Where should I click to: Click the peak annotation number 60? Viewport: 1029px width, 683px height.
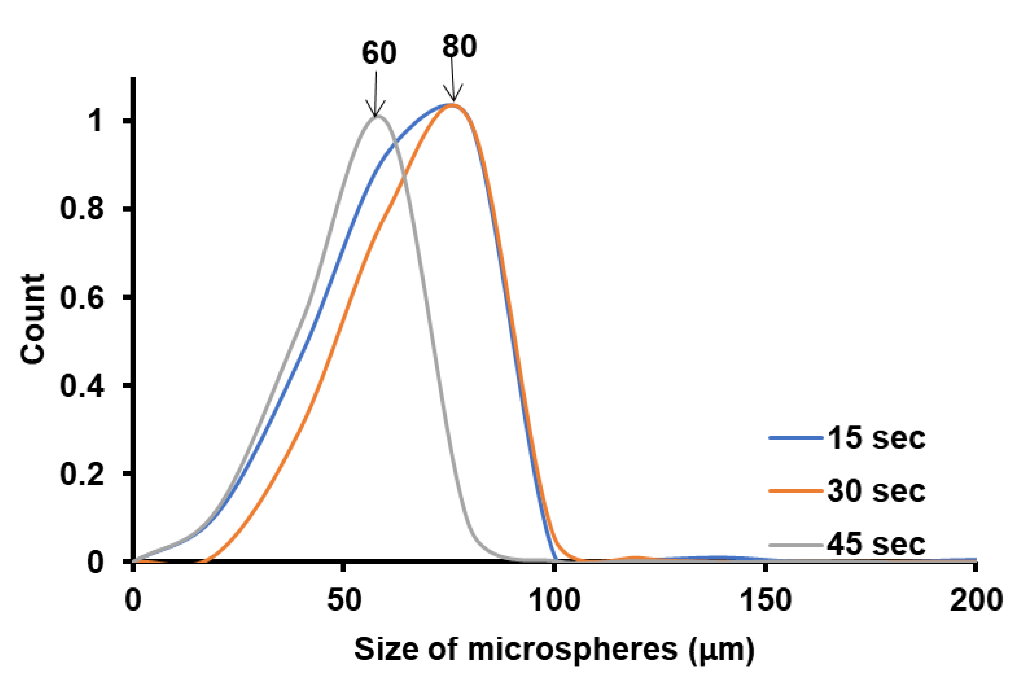coord(379,53)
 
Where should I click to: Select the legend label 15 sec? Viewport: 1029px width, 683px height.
coord(876,438)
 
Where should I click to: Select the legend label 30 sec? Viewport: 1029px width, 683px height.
coord(876,491)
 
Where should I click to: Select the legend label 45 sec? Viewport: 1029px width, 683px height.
coord(876,544)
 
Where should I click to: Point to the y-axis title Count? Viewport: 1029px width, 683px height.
coord(33,319)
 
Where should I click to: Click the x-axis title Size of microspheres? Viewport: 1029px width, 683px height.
coord(516,649)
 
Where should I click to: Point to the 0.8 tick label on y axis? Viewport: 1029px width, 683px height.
coord(82,209)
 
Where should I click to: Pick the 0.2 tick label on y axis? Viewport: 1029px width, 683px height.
coord(82,474)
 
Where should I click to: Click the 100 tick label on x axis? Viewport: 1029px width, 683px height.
coord(554,600)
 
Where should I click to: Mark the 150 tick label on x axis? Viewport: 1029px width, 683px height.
coord(765,600)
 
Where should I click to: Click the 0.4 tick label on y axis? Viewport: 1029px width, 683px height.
coord(82,386)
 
